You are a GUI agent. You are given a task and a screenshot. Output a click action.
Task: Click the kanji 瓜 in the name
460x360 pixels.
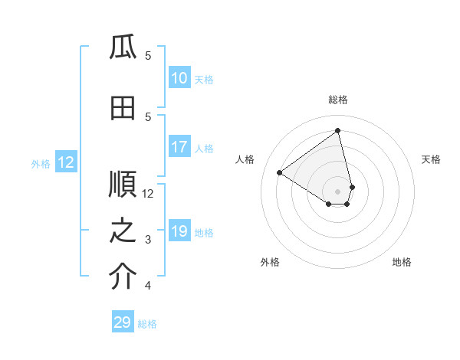coord(123,47)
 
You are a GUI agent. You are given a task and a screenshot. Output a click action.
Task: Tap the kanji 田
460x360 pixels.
coord(123,109)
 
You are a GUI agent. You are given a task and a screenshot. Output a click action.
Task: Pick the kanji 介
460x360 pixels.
coord(123,278)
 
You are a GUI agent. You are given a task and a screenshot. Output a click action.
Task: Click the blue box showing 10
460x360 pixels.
coord(179,79)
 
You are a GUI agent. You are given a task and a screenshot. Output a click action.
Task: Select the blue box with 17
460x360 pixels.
coord(179,147)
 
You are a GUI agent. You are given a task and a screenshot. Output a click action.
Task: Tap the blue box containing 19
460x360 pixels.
coord(179,232)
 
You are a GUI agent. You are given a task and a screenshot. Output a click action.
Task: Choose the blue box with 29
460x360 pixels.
coord(123,322)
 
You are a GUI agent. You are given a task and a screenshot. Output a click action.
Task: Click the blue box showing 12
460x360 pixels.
coord(65,162)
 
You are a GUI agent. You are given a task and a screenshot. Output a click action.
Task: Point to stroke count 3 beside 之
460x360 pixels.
coord(148,240)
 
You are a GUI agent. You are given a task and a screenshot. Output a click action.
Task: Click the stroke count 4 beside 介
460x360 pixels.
coord(148,286)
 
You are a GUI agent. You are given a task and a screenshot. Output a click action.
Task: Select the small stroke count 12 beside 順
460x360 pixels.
coord(148,193)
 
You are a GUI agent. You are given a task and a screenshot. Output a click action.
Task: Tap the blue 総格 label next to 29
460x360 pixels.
coord(147,324)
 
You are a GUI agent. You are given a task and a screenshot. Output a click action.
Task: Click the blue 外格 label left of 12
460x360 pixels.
coord(40,163)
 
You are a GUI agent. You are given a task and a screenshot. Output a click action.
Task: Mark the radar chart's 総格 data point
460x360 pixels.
coord(337,130)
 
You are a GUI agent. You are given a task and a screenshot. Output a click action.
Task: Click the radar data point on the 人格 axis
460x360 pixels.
coord(280,172)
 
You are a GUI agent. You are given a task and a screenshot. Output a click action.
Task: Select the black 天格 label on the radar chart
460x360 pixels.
coord(431,159)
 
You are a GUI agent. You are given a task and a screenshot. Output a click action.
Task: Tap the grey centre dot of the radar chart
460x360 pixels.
coord(337,191)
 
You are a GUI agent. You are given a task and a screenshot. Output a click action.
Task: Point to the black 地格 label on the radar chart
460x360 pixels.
coord(402,263)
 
